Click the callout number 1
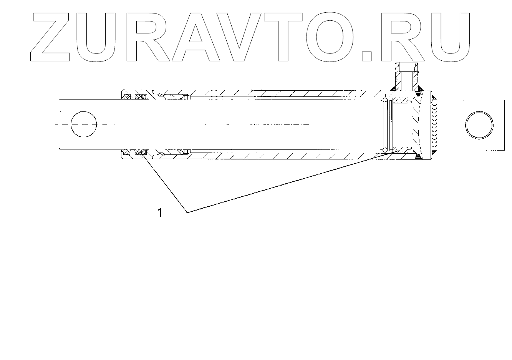[160, 212]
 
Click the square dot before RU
[367, 56]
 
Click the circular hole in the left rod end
[84, 124]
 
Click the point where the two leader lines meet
[187, 212]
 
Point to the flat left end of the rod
[59, 124]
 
